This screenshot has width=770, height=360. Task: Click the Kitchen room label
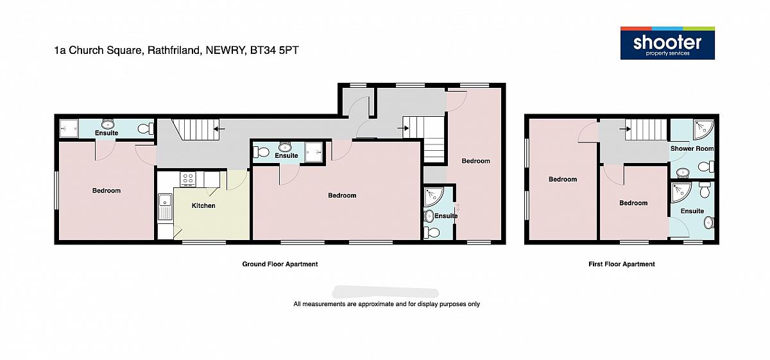[203, 205]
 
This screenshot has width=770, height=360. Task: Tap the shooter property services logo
[667, 43]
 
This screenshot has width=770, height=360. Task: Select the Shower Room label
[692, 148]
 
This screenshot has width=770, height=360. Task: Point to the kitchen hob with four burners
[188, 179]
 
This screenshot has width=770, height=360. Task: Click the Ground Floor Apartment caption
[280, 264]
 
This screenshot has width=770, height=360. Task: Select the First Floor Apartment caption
[622, 264]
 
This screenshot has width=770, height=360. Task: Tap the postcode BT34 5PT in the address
[275, 50]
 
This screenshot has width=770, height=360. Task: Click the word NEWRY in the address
[225, 50]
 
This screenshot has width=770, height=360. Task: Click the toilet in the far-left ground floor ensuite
[146, 128]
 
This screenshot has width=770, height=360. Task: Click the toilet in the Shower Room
[706, 167]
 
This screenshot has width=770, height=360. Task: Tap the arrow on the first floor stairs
[625, 129]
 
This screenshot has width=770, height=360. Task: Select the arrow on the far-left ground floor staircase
[219, 129]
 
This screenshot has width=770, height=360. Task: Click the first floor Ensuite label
[692, 211]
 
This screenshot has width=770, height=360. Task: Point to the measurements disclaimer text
[386, 304]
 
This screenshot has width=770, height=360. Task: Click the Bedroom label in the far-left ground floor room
[107, 191]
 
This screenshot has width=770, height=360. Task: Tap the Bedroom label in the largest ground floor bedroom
[342, 195]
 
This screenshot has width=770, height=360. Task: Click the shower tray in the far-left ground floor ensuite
[69, 128]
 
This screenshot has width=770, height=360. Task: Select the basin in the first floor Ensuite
[708, 223]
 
